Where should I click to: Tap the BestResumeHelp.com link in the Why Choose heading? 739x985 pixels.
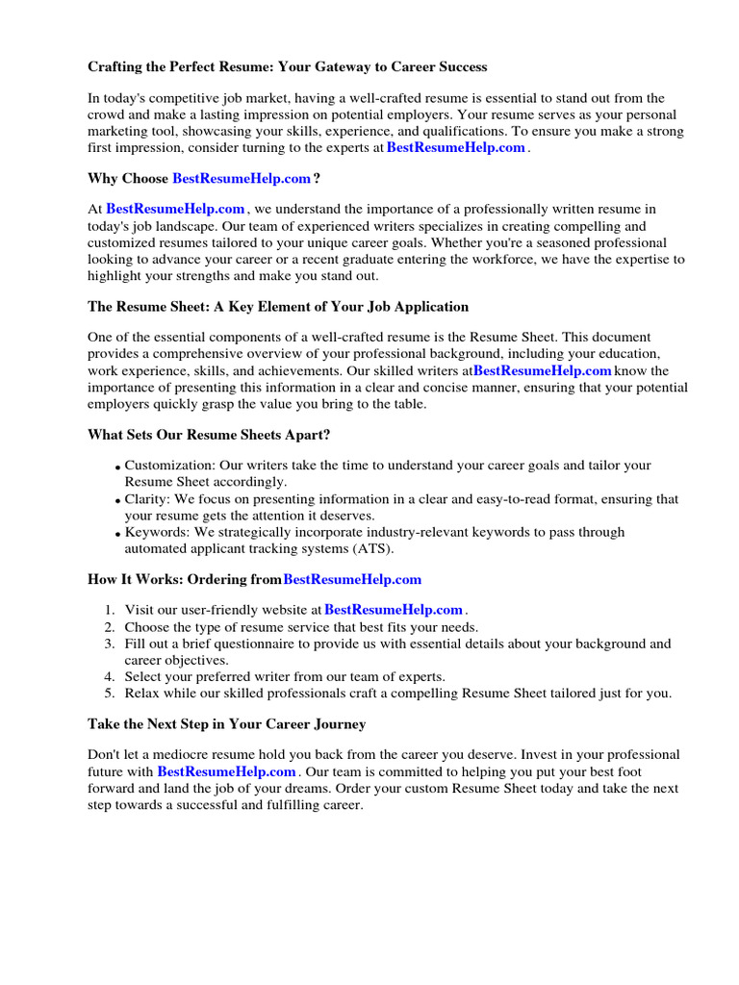pos(242,179)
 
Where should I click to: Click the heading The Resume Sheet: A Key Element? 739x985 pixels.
pos(278,307)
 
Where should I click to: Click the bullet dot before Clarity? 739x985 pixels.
pos(117,502)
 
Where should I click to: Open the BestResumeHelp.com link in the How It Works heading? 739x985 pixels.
pos(352,580)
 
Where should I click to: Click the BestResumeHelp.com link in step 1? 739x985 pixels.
pos(394,610)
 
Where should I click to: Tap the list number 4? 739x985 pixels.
pos(110,676)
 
